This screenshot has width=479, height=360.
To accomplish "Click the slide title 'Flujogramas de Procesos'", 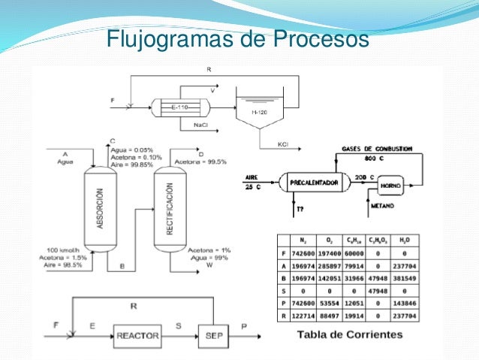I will pyautogui.click(x=236, y=37).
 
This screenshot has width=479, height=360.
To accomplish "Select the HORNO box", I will pyautogui.click(x=390, y=186).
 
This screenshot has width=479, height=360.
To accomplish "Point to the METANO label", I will pyautogui.click(x=384, y=204).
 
